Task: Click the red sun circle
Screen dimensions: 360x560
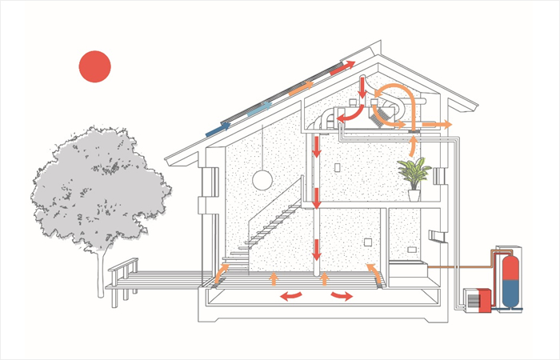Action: [x=94, y=67]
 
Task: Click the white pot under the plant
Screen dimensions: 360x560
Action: [x=414, y=194]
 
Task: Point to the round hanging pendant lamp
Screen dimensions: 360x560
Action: [x=262, y=181]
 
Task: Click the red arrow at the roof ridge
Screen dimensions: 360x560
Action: [x=339, y=66]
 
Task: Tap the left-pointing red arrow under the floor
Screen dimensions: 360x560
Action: [x=291, y=295]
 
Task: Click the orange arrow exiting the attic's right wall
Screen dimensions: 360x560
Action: [x=438, y=125]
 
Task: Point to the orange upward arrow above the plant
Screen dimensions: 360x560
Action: [x=414, y=146]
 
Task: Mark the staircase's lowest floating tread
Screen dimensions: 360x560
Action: [x=240, y=251]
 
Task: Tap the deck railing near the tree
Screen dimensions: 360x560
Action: [x=123, y=268]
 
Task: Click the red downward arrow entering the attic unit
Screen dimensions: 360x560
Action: [x=362, y=87]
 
